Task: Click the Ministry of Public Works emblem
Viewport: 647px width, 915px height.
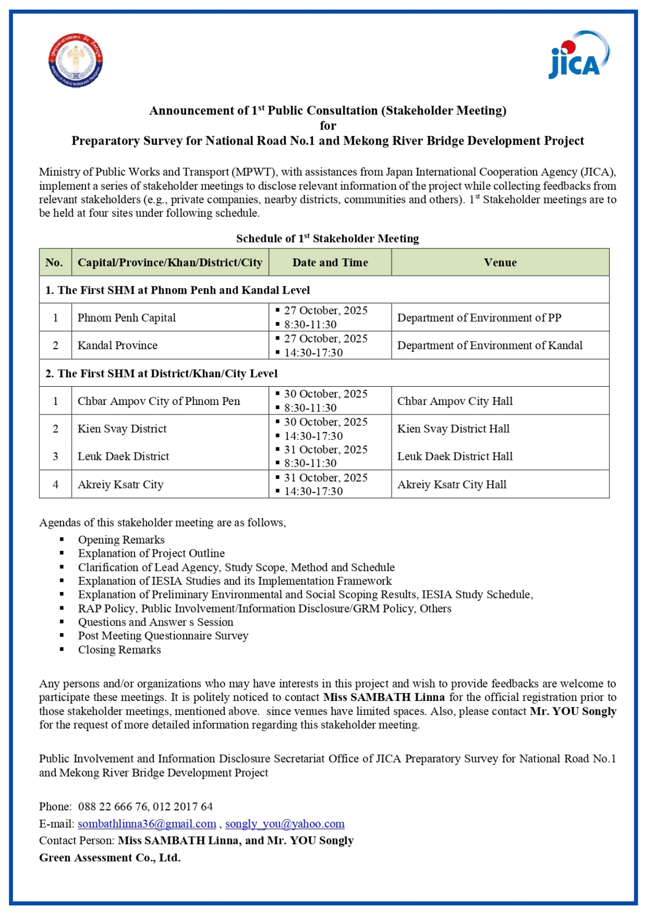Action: (76, 60)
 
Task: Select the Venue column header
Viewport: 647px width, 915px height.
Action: (500, 263)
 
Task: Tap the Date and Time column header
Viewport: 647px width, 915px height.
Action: (330, 263)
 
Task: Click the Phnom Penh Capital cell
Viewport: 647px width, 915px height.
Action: (127, 318)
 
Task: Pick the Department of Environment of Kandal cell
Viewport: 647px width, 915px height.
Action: (490, 345)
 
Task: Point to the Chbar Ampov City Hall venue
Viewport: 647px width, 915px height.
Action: (455, 401)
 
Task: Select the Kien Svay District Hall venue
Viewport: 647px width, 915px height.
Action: (453, 429)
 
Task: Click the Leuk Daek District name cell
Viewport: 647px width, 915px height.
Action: (123, 457)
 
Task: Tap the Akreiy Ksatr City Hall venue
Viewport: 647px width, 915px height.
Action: (452, 484)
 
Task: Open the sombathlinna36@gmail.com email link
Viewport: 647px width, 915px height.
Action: (147, 824)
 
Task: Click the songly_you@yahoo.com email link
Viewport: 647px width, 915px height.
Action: (285, 824)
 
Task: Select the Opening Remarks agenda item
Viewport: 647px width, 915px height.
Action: (121, 540)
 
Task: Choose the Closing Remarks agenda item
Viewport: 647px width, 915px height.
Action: (119, 650)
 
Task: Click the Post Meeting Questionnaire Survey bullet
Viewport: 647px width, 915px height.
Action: (163, 636)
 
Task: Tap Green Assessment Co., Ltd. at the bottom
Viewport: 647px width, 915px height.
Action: (110, 858)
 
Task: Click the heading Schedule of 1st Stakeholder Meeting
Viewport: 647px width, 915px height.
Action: (327, 238)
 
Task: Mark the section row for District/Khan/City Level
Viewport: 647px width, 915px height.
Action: (162, 374)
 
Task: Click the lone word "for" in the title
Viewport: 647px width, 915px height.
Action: (328, 126)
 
